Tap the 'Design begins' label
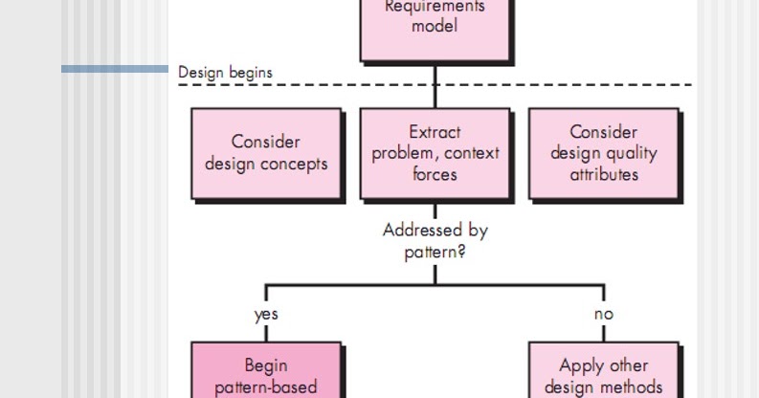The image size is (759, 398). (225, 73)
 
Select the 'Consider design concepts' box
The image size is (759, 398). (266, 153)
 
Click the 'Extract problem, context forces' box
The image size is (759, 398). (435, 153)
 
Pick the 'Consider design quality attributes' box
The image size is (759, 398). (604, 153)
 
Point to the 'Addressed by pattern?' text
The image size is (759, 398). (435, 241)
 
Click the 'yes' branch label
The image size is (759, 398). (266, 314)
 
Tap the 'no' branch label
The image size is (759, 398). (604, 314)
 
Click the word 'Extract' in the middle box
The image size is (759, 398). (435, 132)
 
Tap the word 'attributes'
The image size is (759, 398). (604, 174)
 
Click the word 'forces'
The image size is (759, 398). (435, 174)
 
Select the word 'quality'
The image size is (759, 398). (632, 153)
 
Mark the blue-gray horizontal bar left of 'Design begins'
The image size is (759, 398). (115, 69)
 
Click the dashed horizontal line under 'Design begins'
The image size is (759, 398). (574, 85)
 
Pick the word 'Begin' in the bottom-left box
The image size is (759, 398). (266, 365)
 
